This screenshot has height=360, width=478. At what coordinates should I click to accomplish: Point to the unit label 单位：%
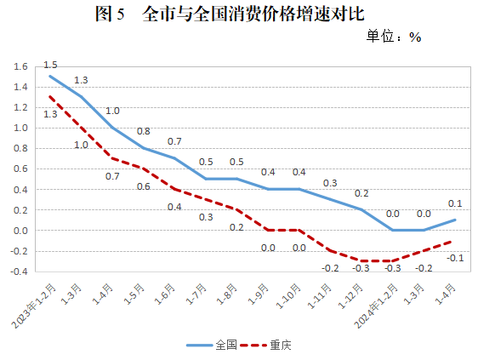[x=394, y=37]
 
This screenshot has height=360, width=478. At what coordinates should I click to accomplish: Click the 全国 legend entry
[x=216, y=346]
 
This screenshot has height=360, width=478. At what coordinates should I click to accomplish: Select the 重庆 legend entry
[x=272, y=346]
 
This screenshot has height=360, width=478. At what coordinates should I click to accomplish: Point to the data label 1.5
[x=50, y=65]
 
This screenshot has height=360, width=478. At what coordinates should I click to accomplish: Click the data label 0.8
[x=144, y=131]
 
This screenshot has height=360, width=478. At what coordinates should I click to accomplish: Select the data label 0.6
[x=144, y=186]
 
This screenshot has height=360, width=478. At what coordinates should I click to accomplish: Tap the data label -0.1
[x=455, y=258]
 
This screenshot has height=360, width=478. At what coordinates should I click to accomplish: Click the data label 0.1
[x=455, y=203]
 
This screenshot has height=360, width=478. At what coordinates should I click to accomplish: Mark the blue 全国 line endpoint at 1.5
[x=50, y=77]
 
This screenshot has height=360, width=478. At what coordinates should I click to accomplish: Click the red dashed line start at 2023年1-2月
[x=50, y=97]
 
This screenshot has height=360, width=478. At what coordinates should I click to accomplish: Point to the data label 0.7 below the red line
[x=112, y=176]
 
